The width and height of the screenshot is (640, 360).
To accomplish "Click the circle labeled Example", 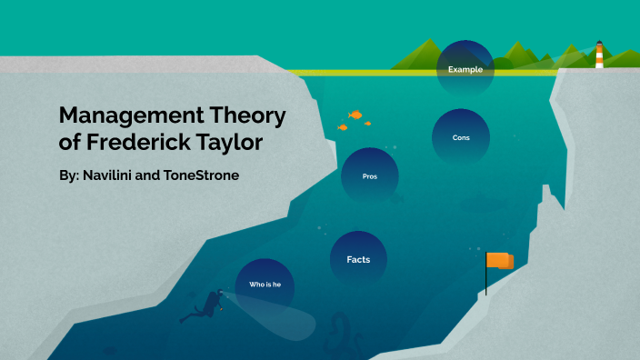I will (x=465, y=68).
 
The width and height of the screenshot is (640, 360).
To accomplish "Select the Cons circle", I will (x=460, y=137).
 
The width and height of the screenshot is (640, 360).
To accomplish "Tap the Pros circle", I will (x=369, y=175).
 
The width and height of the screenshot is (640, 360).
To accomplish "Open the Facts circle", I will (x=358, y=259).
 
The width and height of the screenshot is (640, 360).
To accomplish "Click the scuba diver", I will (x=207, y=305).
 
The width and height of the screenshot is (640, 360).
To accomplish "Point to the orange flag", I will (x=499, y=261).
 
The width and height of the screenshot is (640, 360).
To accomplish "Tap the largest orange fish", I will (x=355, y=115).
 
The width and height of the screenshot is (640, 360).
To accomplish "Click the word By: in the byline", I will (x=68, y=175).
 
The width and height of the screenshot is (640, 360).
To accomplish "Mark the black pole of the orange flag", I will (x=486, y=282).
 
